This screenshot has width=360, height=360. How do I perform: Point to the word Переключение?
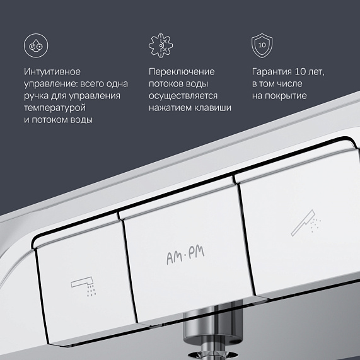coord(182,72)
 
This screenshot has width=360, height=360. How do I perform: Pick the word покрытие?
coord(286,96)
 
